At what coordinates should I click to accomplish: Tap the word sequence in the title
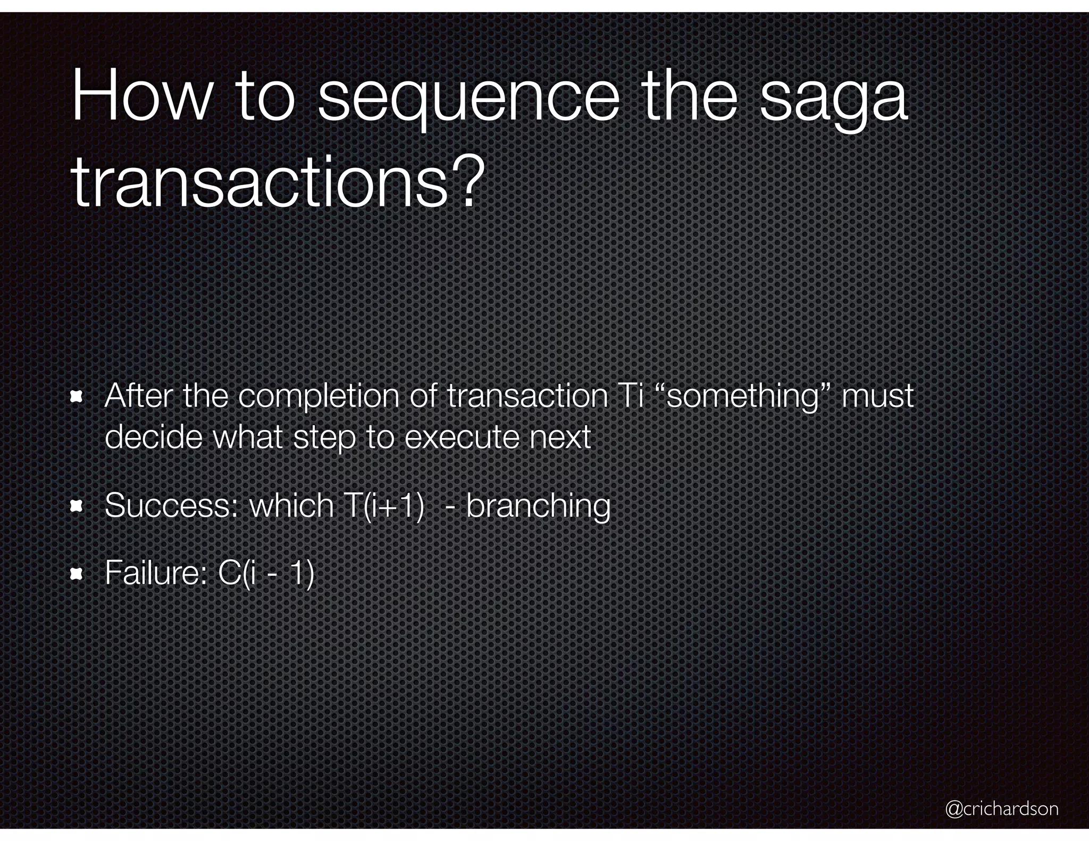point(468,101)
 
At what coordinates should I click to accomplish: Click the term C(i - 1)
point(266,574)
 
